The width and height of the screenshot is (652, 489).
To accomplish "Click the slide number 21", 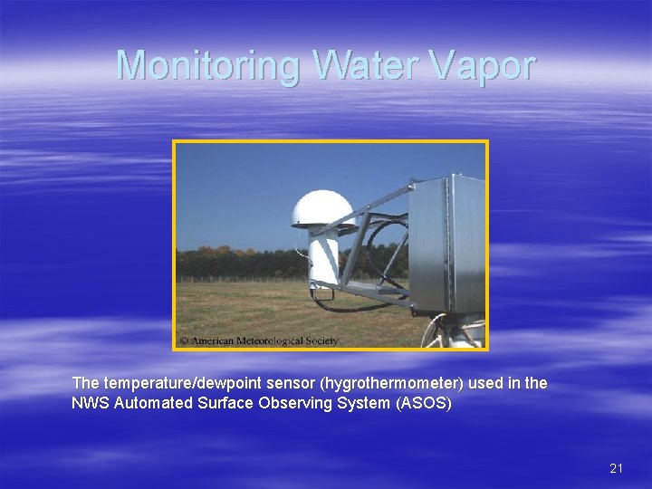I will coord(617,468).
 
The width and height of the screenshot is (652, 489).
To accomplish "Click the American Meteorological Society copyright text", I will coord(259,341).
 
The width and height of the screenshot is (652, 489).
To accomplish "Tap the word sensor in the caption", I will coord(282,383).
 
